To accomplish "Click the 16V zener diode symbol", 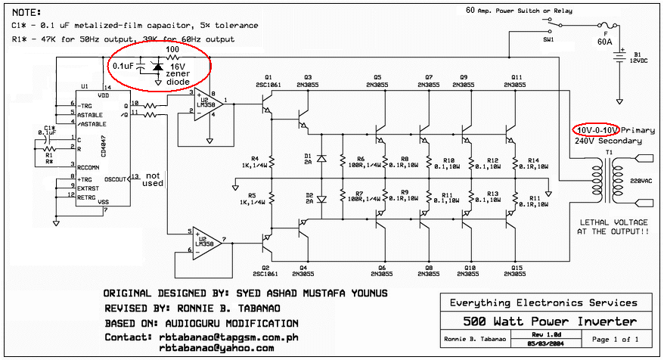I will click(157, 67).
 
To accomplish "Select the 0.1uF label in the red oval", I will click(125, 66).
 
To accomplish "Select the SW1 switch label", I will click(548, 37).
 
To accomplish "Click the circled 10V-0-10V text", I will click(595, 130).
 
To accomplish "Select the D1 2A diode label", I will click(308, 157).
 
